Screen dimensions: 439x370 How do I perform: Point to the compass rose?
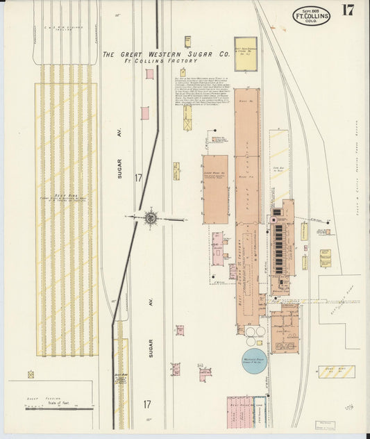click(x=149, y=217)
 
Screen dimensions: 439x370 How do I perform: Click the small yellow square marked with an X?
click(x=31, y=374)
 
